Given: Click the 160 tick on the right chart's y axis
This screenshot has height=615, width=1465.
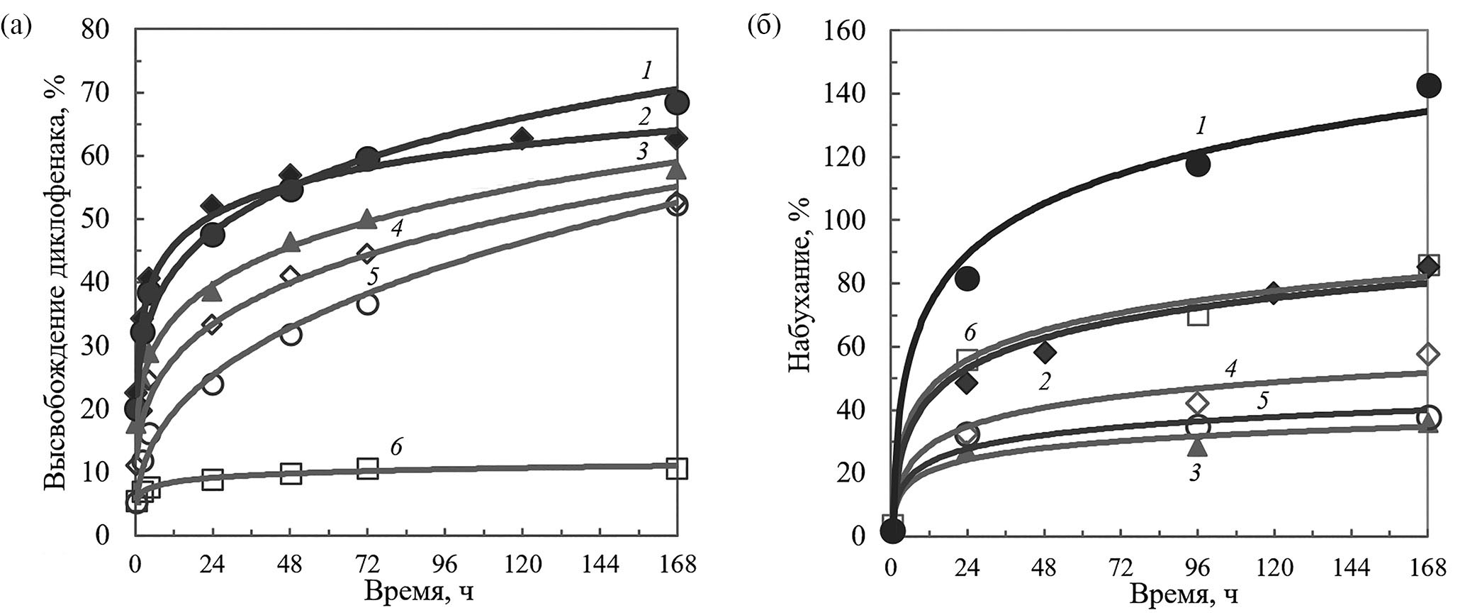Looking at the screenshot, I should tap(850, 31).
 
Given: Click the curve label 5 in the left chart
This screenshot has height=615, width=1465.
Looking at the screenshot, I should tap(371, 277).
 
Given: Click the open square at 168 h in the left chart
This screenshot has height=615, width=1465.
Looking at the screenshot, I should tap(677, 468).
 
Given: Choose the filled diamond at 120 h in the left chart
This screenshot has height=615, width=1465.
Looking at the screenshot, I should tap(522, 138).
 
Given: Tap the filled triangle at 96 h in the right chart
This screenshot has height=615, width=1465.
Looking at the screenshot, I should tap(1197, 446).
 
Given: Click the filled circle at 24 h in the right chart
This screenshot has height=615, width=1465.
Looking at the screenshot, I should tap(967, 278).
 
